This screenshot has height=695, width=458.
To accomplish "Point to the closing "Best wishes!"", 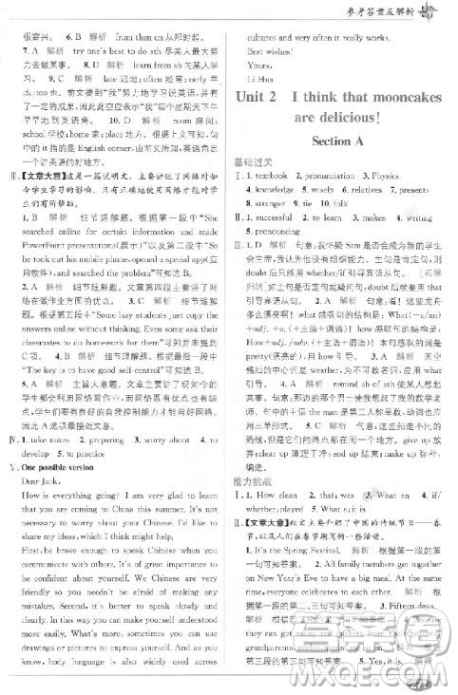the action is tap(267, 51).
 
